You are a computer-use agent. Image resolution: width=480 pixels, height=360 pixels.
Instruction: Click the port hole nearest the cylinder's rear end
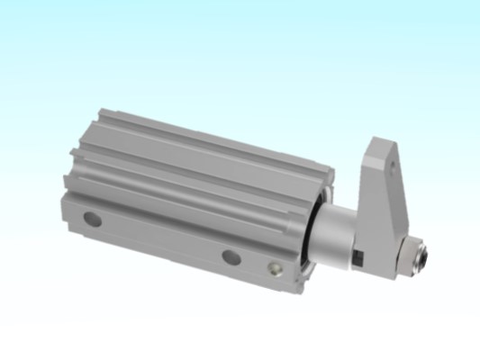90,218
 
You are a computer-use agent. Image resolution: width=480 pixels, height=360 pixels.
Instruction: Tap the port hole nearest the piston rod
231,257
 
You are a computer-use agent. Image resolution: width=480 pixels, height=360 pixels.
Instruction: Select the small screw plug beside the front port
275,267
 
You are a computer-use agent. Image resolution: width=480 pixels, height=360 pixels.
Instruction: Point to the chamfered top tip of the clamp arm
383,136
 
